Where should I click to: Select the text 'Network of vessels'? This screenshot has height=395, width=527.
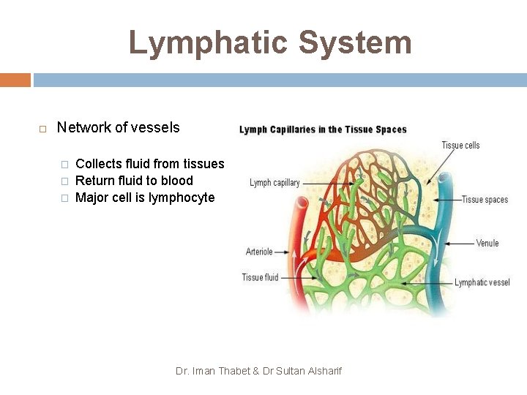(x=118, y=127)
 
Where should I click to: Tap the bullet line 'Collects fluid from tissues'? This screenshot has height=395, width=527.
(x=149, y=164)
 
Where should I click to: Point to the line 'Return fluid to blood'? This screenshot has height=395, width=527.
(x=134, y=181)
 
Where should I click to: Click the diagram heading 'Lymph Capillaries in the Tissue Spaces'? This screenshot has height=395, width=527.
(x=323, y=129)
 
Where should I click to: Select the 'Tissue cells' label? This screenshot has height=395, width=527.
(x=460, y=145)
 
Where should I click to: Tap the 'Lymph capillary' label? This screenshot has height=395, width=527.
(x=274, y=183)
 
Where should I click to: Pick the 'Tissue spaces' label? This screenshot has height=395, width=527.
(x=485, y=200)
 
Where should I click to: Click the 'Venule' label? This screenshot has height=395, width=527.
(x=487, y=243)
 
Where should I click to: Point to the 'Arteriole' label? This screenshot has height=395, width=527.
(x=259, y=252)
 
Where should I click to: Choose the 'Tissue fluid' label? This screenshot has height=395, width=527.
(x=260, y=277)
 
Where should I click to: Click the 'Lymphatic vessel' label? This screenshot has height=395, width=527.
(x=482, y=282)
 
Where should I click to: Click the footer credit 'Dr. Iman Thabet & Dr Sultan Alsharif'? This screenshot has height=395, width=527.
(x=258, y=371)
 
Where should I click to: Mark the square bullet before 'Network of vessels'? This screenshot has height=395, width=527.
(x=42, y=129)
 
